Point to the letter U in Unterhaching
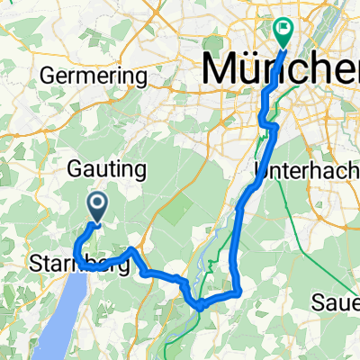[x=262, y=169]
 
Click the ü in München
[x=255, y=69]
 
